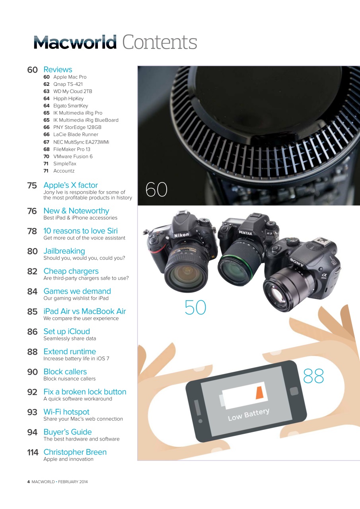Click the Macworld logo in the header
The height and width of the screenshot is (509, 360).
(x=75, y=42)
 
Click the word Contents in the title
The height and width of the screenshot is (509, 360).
(x=160, y=42)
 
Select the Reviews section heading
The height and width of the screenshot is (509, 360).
(x=58, y=70)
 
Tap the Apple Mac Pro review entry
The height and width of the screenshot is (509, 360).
(x=70, y=77)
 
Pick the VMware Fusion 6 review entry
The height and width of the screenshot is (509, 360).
(x=73, y=156)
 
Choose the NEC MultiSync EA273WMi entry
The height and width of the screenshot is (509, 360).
(x=81, y=142)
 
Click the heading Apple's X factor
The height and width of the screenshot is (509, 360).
(x=70, y=185)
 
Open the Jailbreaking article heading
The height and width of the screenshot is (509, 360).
(x=64, y=251)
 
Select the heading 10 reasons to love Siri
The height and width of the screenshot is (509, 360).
(x=80, y=231)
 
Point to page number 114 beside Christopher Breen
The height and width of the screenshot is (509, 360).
(x=33, y=452)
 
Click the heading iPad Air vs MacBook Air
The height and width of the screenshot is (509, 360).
(x=84, y=311)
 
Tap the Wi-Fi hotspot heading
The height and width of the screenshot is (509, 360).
(x=66, y=412)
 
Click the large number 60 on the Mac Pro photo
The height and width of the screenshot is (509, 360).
(x=156, y=190)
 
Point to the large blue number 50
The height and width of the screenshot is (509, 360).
(x=195, y=307)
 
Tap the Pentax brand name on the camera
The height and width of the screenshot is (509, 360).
(x=245, y=233)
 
